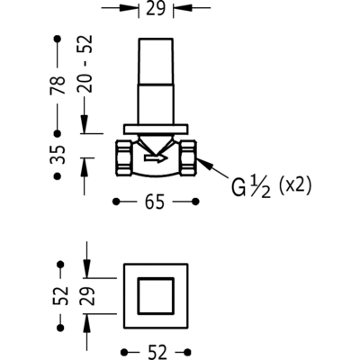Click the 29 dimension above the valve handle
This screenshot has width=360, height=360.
tap(156, 8)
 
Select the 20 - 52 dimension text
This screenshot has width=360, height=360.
tap(85, 64)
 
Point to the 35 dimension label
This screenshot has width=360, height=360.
tap(57, 154)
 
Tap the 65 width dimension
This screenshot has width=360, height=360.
tap(155, 202)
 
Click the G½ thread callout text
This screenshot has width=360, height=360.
tap(251, 186)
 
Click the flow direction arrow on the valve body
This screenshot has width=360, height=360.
tap(156, 157)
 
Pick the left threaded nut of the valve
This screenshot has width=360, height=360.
tap(123, 158)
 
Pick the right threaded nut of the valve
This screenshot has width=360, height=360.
tap(189, 158)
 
